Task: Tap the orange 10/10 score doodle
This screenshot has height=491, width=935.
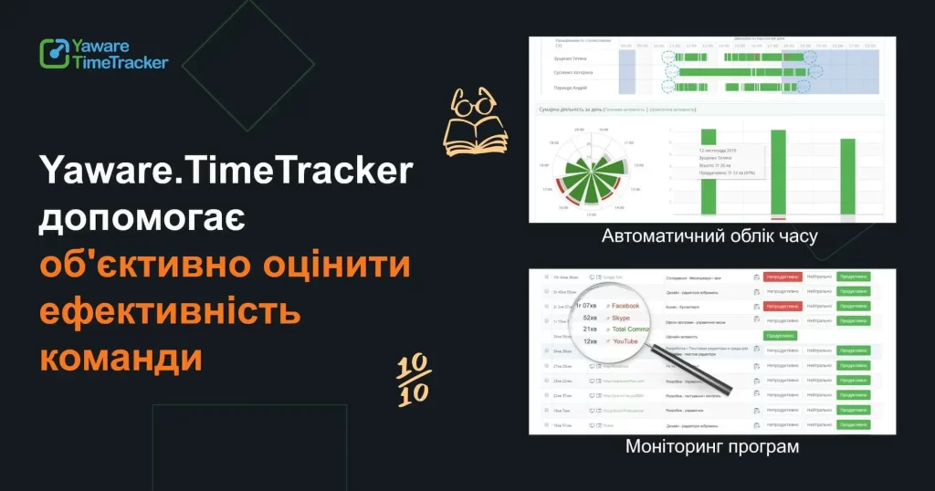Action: pos(413,378)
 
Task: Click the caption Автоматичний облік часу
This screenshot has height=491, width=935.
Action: pos(709,236)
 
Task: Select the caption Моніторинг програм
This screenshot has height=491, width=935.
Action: pos(712,447)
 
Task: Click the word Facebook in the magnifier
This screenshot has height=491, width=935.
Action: pos(625,305)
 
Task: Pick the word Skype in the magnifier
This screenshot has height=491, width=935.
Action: pos(621,317)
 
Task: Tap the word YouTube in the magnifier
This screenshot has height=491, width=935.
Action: pos(625,341)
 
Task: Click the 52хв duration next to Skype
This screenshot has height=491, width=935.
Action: pos(590,317)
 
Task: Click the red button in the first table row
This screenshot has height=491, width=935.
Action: pos(783,276)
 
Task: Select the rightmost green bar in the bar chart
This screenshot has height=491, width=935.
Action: pos(846,179)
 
